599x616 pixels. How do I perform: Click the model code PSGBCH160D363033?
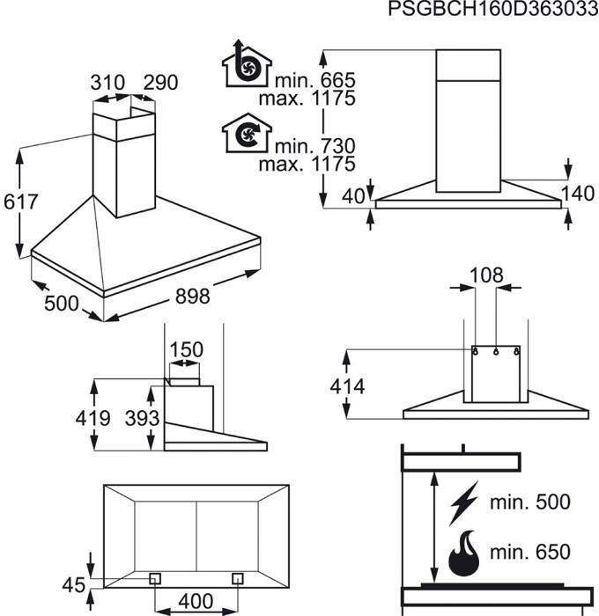[493, 9]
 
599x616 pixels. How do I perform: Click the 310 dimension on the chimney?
[107, 83]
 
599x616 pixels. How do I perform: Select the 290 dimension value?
[160, 83]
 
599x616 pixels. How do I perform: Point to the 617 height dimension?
[20, 202]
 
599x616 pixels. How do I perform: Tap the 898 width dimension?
[192, 296]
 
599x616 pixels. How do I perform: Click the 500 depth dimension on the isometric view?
[62, 304]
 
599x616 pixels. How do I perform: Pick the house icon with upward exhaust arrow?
[247, 63]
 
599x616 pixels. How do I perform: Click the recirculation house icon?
[247, 133]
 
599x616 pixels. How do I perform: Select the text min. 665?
[315, 80]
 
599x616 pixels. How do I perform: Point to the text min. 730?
[315, 146]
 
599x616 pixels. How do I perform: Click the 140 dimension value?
[577, 194]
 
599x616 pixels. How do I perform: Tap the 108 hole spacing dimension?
[486, 275]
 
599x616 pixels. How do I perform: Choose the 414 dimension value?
[347, 386]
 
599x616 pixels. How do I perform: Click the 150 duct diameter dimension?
[186, 349]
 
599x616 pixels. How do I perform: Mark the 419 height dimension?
[92, 418]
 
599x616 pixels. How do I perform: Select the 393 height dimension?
[142, 418]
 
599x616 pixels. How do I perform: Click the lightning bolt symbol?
[464, 503]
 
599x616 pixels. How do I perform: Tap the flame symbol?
[464, 554]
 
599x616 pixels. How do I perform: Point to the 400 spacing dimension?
[196, 601]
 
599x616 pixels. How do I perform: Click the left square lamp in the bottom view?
[155, 578]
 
